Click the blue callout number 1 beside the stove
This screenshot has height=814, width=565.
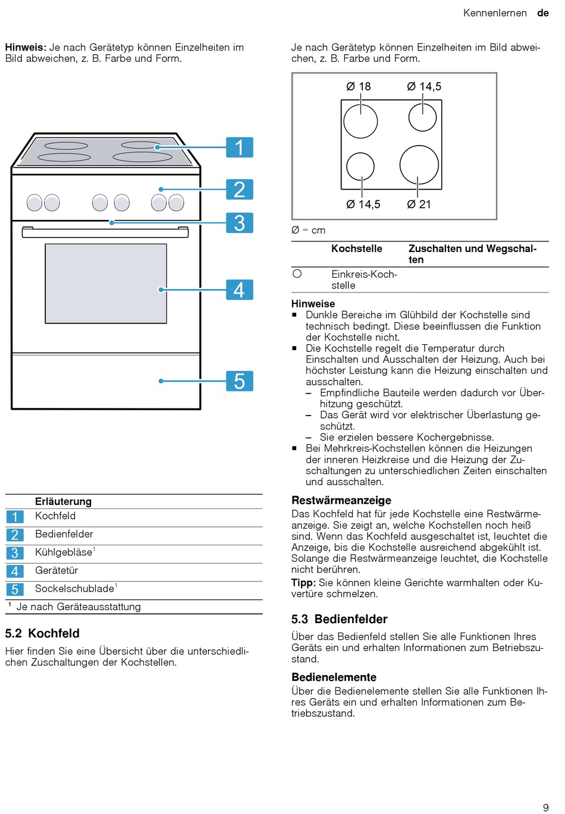(x=240, y=147)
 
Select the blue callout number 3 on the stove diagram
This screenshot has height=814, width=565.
(x=240, y=223)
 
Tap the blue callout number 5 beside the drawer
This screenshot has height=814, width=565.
(x=240, y=381)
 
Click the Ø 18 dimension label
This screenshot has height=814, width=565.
(x=359, y=87)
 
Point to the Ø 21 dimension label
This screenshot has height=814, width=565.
(x=419, y=205)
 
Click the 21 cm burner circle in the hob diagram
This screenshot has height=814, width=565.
(x=419, y=164)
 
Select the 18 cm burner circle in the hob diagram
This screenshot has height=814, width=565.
(x=360, y=121)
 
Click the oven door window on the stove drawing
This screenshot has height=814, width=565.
(x=106, y=284)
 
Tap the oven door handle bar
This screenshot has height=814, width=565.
(x=105, y=232)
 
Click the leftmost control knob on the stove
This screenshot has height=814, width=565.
(x=34, y=203)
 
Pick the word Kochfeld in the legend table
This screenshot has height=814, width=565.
(x=55, y=516)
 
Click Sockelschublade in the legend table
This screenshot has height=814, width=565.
(x=74, y=589)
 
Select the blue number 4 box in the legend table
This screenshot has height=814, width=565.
(x=15, y=571)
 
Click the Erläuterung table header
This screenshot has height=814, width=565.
(x=63, y=501)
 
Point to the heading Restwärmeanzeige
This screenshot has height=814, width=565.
(x=341, y=500)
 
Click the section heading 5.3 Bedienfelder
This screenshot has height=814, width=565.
(x=339, y=619)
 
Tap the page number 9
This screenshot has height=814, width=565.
(x=546, y=807)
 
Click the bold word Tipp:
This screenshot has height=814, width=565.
(x=303, y=583)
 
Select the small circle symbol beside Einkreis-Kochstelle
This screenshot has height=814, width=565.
(x=297, y=274)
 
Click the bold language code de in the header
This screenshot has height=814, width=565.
(x=543, y=13)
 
